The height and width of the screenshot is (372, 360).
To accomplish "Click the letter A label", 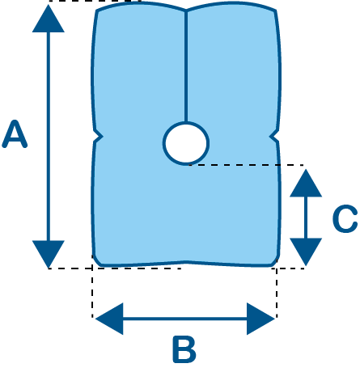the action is click(x=15, y=134).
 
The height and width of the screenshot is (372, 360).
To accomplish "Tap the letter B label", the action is click(x=184, y=349).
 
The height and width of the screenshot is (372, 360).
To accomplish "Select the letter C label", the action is click(x=345, y=218).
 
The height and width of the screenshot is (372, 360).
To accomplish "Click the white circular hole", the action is click(x=186, y=143).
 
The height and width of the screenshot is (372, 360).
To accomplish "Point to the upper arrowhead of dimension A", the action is click(x=49, y=19).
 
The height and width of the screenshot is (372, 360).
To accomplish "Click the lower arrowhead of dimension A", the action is click(x=49, y=254).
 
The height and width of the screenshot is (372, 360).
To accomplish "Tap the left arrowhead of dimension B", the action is click(x=109, y=319).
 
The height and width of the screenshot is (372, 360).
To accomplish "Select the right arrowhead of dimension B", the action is click(x=260, y=319).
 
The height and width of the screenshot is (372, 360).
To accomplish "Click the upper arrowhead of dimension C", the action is click(x=306, y=184).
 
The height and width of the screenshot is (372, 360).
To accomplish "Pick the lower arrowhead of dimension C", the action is click(x=306, y=252).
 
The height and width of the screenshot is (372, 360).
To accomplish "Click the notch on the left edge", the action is click(x=99, y=137).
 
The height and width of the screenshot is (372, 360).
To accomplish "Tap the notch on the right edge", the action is click(x=273, y=137).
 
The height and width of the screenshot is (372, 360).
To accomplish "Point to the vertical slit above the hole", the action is click(x=186, y=66).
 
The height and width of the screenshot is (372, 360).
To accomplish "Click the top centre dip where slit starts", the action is click(x=186, y=11).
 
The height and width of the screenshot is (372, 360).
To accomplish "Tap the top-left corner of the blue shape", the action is click(x=97, y=11).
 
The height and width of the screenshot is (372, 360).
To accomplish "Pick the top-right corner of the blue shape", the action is click(x=275, y=11).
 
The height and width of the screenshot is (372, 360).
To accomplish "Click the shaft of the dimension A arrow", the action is click(x=49, y=137).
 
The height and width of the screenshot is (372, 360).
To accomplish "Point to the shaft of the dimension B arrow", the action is click(x=185, y=319).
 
